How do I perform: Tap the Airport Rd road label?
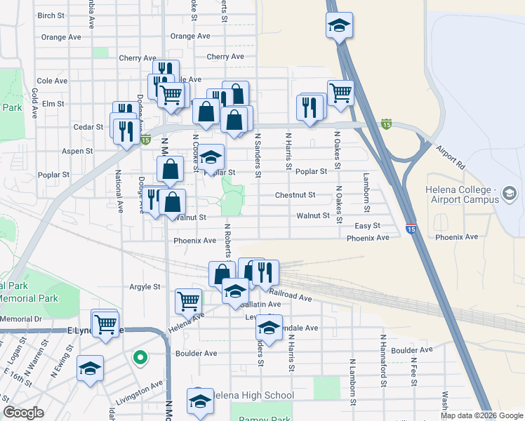click(450, 159)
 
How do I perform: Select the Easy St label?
click(367, 226)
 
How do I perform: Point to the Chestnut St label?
click(295, 195)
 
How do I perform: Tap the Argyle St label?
click(145, 287)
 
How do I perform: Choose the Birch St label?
click(51, 15)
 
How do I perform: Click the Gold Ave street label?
click(34, 102)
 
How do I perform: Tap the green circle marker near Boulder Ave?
click(140, 358)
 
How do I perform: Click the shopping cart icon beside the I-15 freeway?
click(340, 92)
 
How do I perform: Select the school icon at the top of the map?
click(339, 25)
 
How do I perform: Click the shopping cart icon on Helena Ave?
click(188, 301)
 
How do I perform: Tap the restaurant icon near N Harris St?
click(310, 107)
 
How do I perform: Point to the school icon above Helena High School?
click(200, 402)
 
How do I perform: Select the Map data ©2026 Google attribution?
click(481, 415)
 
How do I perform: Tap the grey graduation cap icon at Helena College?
click(510, 192)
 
